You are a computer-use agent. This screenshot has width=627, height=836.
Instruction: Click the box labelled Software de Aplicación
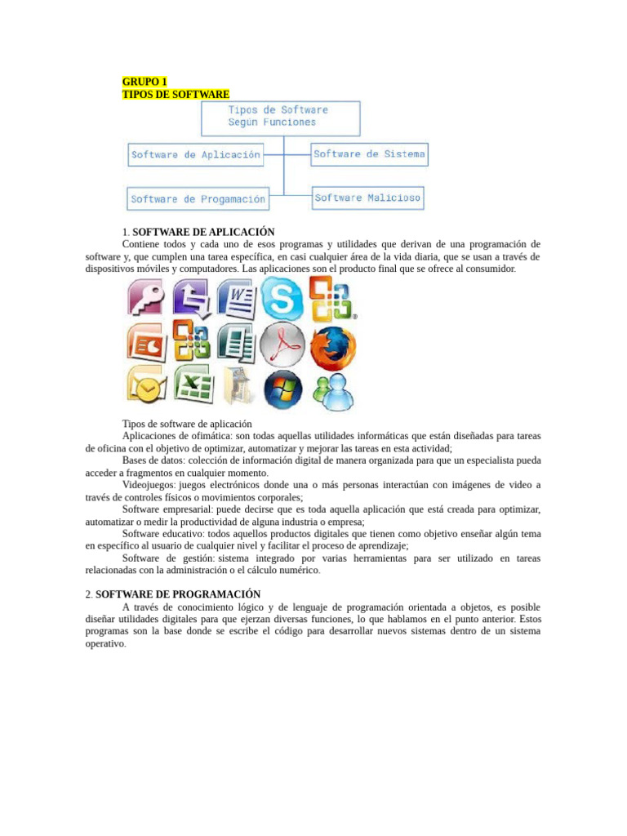(x=196, y=154)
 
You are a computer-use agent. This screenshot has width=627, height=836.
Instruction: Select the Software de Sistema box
(x=369, y=153)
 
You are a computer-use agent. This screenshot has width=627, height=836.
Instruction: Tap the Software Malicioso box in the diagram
(x=367, y=198)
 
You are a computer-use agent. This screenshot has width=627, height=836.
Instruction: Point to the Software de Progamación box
(x=198, y=198)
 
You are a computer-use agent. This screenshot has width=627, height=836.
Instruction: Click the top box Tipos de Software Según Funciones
(x=280, y=117)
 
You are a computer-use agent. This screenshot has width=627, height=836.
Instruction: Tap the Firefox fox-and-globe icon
(x=332, y=345)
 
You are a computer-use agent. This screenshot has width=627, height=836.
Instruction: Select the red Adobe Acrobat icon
(x=282, y=345)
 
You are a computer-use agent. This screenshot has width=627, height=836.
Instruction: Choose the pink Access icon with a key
(x=145, y=297)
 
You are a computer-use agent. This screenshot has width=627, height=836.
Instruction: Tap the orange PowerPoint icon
(x=145, y=343)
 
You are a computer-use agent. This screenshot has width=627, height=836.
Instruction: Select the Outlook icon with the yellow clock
(x=145, y=387)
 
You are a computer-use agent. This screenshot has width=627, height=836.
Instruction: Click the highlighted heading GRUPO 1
(x=145, y=82)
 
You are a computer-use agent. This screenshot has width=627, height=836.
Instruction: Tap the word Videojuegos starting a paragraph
(x=148, y=484)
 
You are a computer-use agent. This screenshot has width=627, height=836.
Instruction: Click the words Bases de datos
(x=151, y=460)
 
